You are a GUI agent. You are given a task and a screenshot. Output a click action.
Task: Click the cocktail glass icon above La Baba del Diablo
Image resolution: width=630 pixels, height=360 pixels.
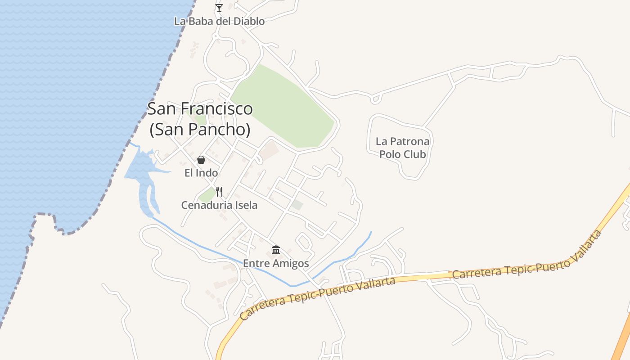[x=219, y=8]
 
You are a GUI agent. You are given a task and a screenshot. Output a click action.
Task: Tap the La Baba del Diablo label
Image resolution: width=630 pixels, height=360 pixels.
[x=219, y=21]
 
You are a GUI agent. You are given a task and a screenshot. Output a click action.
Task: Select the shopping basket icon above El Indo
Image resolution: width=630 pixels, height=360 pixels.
[x=201, y=160]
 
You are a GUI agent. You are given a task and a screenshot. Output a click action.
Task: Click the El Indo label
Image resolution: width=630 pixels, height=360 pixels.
[x=201, y=173]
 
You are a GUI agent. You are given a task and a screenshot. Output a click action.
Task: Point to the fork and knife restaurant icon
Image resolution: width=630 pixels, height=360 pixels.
[x=219, y=192]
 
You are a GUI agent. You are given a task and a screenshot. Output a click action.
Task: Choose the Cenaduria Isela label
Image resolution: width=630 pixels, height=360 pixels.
[x=219, y=205]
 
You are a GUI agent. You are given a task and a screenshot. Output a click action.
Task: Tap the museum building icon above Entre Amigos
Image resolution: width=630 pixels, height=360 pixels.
[x=276, y=250]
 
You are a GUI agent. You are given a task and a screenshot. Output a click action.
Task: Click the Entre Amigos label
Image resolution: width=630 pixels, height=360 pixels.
[x=276, y=263]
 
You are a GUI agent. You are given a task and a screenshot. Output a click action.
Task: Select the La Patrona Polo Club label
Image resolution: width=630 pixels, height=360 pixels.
[x=402, y=148]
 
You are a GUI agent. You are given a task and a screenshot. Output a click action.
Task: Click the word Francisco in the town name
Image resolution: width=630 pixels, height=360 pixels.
[x=218, y=109]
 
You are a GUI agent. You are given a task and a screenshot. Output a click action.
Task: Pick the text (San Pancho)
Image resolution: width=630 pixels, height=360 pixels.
[x=200, y=130]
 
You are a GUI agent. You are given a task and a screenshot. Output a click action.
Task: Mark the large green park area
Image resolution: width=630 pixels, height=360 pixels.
[x=283, y=108]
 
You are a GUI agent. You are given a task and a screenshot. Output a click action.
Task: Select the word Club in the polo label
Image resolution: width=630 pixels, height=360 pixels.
[x=414, y=154]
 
